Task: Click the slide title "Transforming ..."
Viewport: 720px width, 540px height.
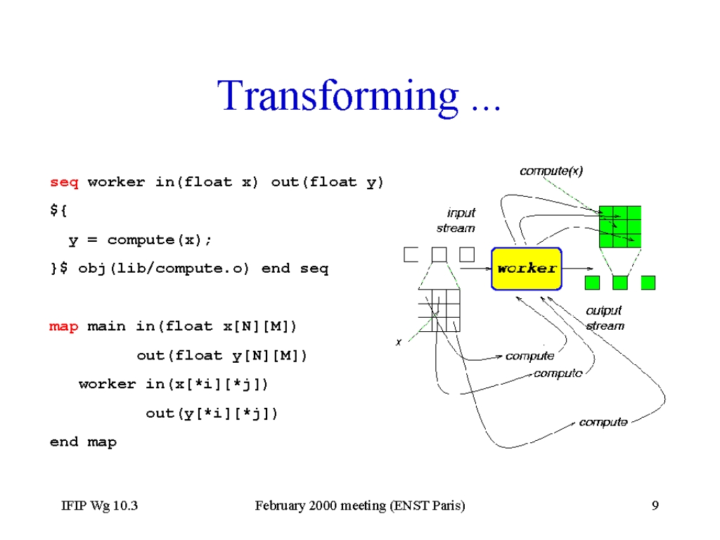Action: pos(359,97)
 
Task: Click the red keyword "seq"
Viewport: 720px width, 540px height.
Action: pos(64,182)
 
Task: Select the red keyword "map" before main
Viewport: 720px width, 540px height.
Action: pos(64,326)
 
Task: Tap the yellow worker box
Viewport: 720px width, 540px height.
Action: pos(527,269)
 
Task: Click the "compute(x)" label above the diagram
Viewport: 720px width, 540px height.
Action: pos(551,171)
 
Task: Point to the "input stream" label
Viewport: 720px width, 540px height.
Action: pos(456,220)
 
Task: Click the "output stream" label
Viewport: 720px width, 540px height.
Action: pos(605,319)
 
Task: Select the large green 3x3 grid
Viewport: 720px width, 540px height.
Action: pos(620,227)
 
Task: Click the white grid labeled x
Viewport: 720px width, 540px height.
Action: pos(439,310)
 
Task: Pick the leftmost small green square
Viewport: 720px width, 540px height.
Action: pos(592,283)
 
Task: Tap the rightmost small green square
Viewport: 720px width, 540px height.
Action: pos(648,283)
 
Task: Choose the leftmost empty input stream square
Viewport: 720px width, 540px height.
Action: pos(411,255)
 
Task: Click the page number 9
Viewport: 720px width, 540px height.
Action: pos(655,506)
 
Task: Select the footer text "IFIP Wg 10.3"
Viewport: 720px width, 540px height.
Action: pos(100,506)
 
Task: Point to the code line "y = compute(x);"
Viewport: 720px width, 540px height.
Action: pos(140,240)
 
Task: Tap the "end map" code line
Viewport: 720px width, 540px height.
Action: pos(83,442)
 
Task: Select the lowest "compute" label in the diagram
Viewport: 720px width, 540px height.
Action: pos(603,422)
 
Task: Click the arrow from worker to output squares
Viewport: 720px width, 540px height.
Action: pos(578,269)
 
